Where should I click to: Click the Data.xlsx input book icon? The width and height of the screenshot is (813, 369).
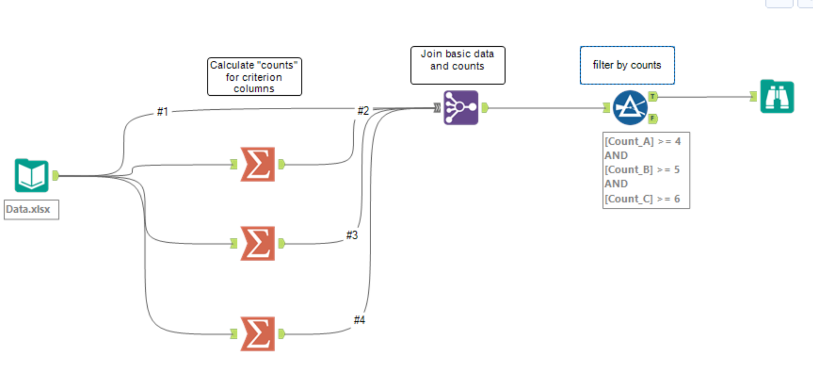[x=32, y=176]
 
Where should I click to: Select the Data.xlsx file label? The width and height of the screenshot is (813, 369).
[x=28, y=209]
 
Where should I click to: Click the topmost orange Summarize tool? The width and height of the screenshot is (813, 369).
[x=258, y=164]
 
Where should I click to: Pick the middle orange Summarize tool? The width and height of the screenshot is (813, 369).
[x=258, y=243]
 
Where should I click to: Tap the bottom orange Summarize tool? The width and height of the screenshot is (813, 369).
[x=258, y=334]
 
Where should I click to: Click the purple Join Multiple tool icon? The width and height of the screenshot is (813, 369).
[x=461, y=108]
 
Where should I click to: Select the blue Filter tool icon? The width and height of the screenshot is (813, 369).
[x=630, y=108]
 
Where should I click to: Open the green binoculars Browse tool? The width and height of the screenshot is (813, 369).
[x=777, y=97]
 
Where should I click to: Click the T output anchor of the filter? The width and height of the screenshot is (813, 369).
[x=653, y=96]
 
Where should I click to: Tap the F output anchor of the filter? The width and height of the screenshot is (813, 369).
[x=653, y=119]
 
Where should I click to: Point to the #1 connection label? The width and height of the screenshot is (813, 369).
[x=163, y=112]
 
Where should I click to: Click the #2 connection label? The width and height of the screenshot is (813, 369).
[x=363, y=111]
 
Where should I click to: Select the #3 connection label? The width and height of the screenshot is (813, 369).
[x=352, y=235]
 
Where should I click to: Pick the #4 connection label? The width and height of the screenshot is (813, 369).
[x=360, y=320]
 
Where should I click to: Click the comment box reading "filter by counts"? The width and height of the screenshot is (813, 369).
[x=627, y=65]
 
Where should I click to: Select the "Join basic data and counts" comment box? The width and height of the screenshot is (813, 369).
[x=458, y=65]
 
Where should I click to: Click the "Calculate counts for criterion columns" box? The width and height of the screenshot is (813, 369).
[x=254, y=77]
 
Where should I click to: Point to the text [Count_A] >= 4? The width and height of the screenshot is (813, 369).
[x=642, y=141]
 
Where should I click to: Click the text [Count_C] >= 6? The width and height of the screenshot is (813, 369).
[x=642, y=199]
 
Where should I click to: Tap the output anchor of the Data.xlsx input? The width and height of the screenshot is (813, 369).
[x=56, y=176]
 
